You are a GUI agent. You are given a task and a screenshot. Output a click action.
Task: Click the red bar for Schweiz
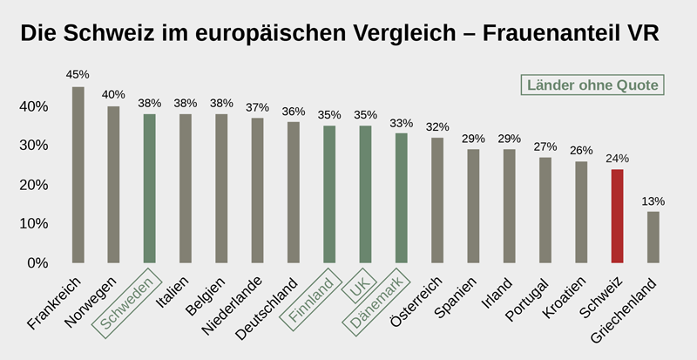point(617,215)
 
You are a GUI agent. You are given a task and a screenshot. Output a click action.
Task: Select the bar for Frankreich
point(78,174)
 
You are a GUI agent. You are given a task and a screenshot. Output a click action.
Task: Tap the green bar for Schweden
point(150,188)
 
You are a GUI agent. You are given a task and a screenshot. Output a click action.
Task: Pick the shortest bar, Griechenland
point(653,237)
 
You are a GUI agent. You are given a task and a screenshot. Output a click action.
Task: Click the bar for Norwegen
point(113,184)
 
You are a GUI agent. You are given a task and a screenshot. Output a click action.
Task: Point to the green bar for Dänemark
point(401,198)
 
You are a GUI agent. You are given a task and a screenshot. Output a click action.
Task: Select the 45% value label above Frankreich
point(78,74)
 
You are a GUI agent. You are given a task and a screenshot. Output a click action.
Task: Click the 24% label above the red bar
point(617,158)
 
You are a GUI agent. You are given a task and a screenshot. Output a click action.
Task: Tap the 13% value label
point(653,200)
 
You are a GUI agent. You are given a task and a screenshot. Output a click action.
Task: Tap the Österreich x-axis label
point(416,302)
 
